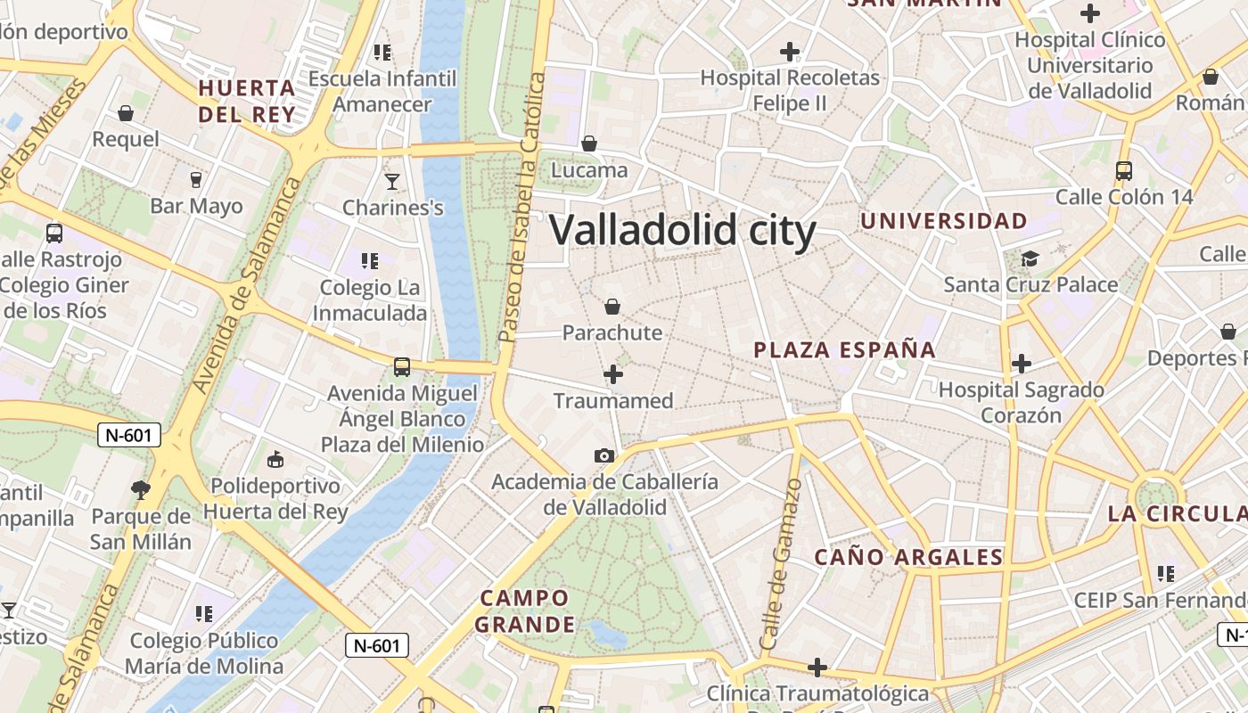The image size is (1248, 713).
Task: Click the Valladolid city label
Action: tap(682, 230)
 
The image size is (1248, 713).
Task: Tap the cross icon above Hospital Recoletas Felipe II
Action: tap(789, 52)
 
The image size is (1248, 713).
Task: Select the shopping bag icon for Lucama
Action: tap(588, 143)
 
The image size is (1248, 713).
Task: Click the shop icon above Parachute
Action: tap(612, 307)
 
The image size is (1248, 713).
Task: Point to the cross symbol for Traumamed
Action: tap(613, 375)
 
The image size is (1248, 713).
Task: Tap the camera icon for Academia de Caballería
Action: tap(604, 456)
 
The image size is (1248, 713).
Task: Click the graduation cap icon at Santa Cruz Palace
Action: tap(1030, 259)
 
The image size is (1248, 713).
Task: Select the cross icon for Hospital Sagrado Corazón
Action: tap(1022, 364)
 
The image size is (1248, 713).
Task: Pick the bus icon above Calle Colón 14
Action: tap(1123, 171)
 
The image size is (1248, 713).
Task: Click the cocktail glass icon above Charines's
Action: tap(392, 183)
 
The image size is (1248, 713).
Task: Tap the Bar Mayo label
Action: tap(196, 207)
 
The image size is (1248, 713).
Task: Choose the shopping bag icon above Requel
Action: tap(126, 114)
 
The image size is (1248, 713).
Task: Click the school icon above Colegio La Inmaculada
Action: tap(370, 261)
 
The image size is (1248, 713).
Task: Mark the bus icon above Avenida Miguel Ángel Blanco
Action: tap(402, 367)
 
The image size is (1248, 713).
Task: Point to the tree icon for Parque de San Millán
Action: tap(140, 489)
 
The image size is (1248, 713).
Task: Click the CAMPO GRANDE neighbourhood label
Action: tap(522, 611)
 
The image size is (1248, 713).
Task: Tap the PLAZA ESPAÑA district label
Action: tap(844, 350)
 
